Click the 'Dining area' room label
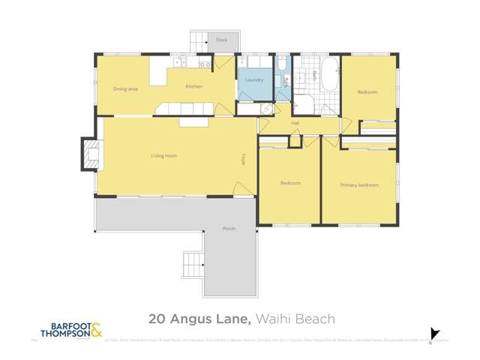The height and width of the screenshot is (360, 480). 125,88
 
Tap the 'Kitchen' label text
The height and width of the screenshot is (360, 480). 194,87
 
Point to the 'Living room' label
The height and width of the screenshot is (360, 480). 163,156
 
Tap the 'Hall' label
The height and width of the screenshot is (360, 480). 295,123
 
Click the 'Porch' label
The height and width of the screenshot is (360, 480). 229,228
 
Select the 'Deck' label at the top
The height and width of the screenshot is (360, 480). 221,40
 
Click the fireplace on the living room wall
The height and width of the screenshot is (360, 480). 89,154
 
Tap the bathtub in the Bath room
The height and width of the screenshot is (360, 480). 328,74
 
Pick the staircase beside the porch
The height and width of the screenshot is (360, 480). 193,265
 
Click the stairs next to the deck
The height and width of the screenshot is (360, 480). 199,41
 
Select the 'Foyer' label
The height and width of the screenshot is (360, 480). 244,160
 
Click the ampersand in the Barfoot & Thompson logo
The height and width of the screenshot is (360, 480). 96,329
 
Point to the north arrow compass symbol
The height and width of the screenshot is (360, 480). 434,334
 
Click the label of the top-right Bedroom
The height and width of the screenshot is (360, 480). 367,92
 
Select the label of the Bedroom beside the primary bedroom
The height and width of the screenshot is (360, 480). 290,183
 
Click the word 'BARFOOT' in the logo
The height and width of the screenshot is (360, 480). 64,326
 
